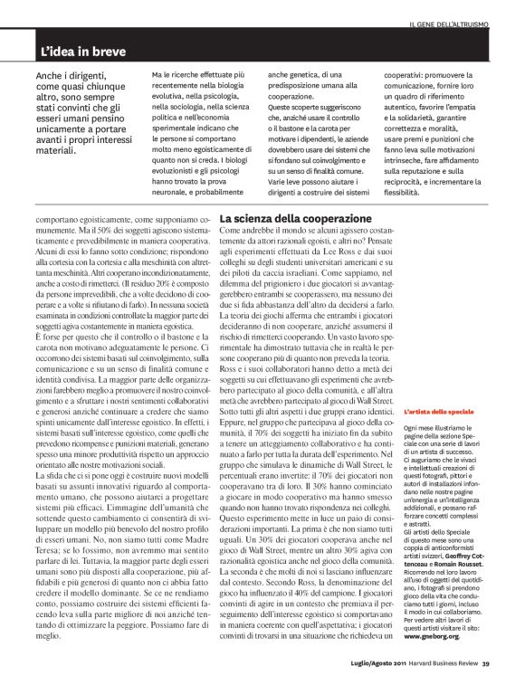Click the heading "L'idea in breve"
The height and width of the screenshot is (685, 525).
[81, 52]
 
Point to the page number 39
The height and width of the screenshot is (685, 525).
[485, 669]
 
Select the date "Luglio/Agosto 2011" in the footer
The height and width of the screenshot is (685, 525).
[369, 669]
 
